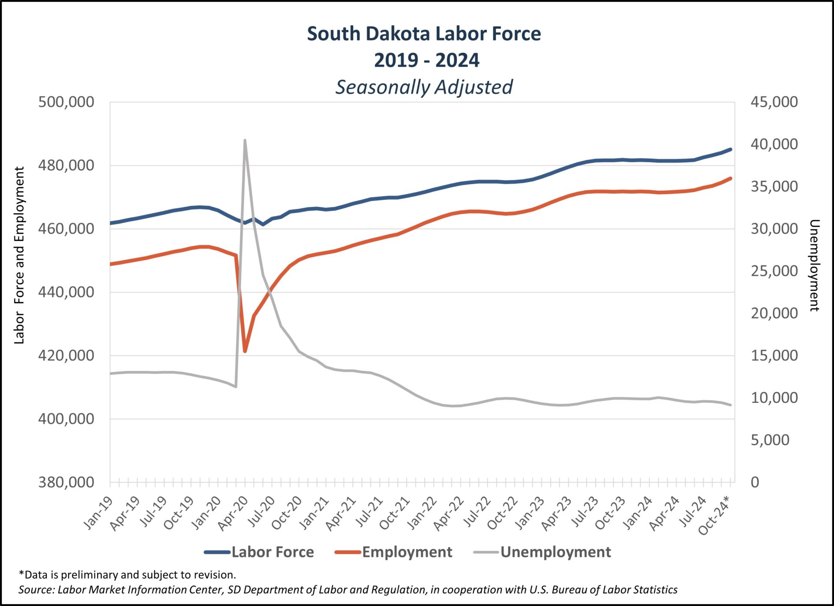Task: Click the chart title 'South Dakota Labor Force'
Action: tap(424, 34)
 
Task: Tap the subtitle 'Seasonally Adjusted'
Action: tap(424, 87)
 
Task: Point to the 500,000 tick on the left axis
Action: tap(66, 102)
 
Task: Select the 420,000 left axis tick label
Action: tap(66, 355)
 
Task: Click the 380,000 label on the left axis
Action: tap(66, 482)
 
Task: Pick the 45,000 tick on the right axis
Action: tap(774, 102)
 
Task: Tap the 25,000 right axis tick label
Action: tap(774, 271)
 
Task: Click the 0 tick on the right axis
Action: tap(755, 482)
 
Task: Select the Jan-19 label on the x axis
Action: tap(99, 513)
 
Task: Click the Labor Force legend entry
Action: tap(272, 552)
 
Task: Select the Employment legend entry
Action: tap(407, 552)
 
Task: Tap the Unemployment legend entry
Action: tap(555, 552)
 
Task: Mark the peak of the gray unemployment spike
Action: tap(245, 140)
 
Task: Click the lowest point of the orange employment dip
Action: tap(245, 351)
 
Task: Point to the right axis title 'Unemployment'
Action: tap(814, 265)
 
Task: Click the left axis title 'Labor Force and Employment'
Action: tap(19, 255)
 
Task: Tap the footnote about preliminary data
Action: tap(127, 575)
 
